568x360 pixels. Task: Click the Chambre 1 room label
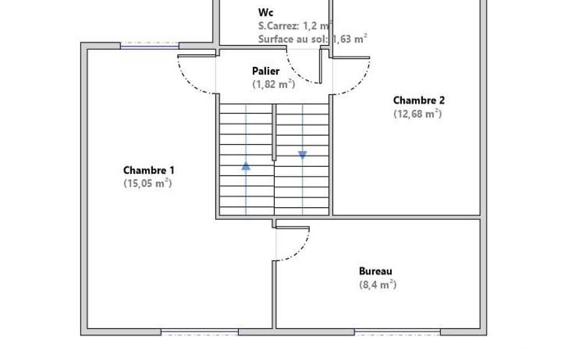(149, 170)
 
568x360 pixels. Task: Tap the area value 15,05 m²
(148, 183)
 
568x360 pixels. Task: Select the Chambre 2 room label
(419, 100)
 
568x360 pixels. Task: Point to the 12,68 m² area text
(418, 114)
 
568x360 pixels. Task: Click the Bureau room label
(376, 271)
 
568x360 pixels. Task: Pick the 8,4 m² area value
(378, 284)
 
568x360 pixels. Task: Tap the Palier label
(266, 71)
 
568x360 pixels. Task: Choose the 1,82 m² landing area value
(274, 84)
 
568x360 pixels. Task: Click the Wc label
(266, 12)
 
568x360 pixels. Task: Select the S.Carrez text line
(295, 25)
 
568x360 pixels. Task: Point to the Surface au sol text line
(313, 39)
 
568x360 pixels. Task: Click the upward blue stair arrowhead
(246, 166)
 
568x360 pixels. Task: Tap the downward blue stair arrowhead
(303, 156)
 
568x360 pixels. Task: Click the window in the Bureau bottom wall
(397, 332)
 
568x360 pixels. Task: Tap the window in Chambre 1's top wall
(150, 46)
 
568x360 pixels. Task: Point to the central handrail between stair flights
(274, 132)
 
